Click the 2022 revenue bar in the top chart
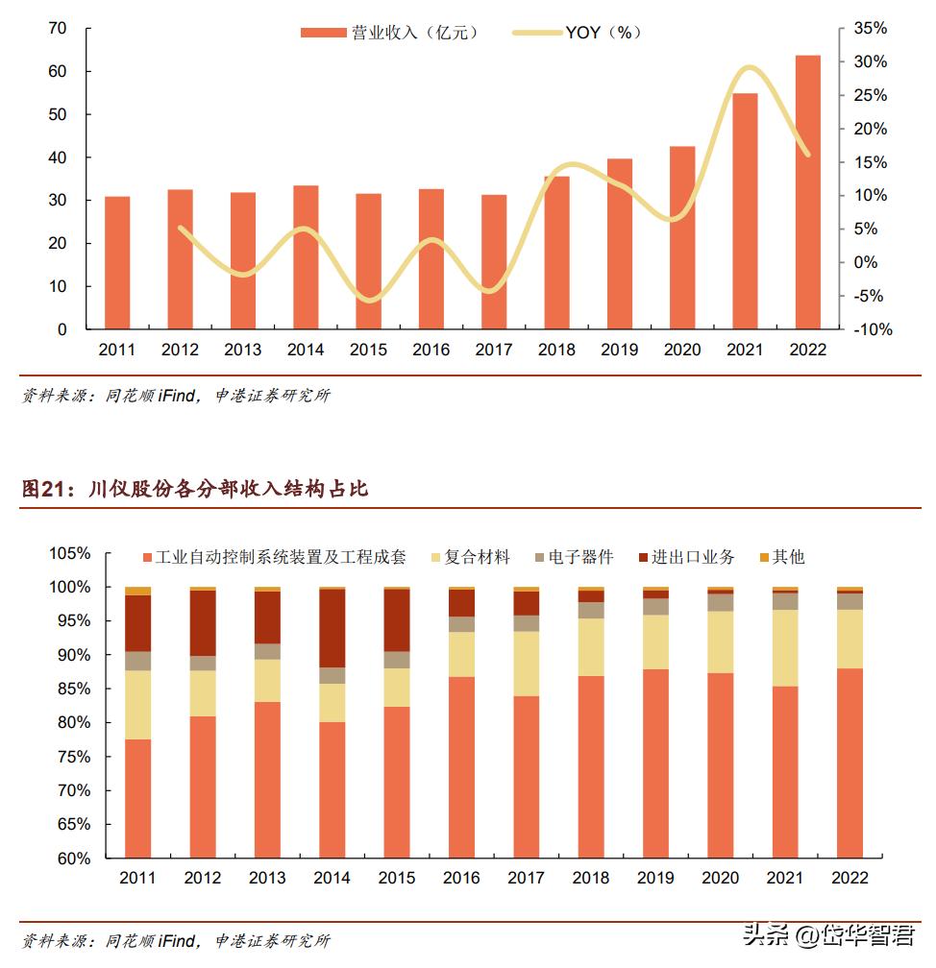pyautogui.click(x=807, y=192)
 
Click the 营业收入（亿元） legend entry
pyautogui.click(x=389, y=33)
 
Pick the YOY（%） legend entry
pyautogui.click(x=577, y=33)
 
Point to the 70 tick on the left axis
pyautogui.click(x=58, y=29)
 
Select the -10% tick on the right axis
pyautogui.click(x=870, y=329)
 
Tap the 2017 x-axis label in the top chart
pyautogui.click(x=493, y=350)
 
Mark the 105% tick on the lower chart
pyautogui.click(x=70, y=554)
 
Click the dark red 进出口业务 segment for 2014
pyautogui.click(x=333, y=628)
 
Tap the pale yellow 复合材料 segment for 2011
pyautogui.click(x=138, y=704)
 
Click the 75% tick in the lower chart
pyautogui.click(x=74, y=757)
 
